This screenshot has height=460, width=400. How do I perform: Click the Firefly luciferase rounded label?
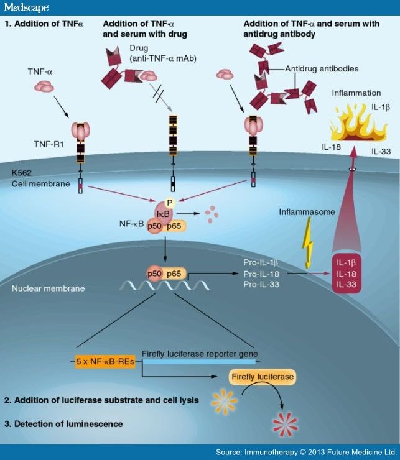[261, 377]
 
